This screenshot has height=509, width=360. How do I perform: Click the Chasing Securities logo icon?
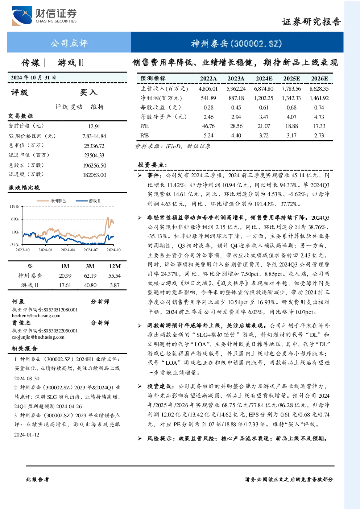[22, 16]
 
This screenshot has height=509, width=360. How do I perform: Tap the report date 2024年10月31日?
[33, 78]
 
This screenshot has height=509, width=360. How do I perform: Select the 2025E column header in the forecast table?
[291, 79]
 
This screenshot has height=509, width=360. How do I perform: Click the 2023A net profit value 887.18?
[236, 98]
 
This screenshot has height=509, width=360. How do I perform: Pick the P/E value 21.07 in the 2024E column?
[264, 126]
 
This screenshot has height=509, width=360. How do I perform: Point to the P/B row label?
[144, 136]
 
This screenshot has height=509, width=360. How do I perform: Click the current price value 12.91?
[94, 126]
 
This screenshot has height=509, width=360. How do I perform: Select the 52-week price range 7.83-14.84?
[94, 136]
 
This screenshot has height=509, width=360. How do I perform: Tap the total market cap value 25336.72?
[94, 146]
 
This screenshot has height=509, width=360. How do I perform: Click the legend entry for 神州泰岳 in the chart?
[51, 201]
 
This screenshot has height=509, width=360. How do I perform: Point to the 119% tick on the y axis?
[14, 206]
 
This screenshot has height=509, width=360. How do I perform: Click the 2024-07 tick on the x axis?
[91, 250]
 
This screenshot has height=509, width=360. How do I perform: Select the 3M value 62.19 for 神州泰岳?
[90, 276]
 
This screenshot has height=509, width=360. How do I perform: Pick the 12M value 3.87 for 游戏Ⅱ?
[115, 285]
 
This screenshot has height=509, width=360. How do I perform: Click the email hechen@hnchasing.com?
[36, 316]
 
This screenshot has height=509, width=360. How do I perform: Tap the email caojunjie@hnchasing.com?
[38, 337]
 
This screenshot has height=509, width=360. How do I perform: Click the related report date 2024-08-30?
[26, 378]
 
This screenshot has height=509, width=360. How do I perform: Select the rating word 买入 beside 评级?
[88, 92]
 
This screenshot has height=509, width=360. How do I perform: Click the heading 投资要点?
[152, 165]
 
